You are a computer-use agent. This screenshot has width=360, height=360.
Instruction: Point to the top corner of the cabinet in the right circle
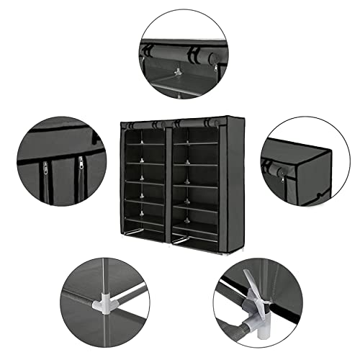tap(330, 151)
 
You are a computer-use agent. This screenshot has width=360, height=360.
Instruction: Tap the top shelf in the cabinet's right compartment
tap(193, 143)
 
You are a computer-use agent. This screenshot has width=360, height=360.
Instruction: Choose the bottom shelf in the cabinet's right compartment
tap(194, 237)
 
